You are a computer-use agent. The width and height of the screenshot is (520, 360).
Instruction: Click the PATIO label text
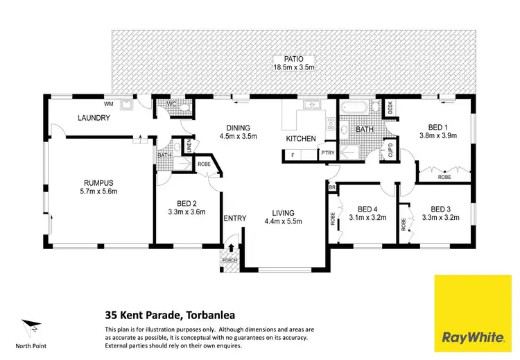point(295,58)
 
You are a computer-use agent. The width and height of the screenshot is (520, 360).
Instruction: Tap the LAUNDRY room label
point(95,118)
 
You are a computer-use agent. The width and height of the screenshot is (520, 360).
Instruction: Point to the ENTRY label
point(235,218)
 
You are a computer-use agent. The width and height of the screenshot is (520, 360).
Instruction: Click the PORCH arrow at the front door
point(230,248)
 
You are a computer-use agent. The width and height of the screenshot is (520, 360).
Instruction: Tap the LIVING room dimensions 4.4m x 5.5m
point(283,222)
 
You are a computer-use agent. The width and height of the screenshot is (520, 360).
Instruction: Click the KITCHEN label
point(302,139)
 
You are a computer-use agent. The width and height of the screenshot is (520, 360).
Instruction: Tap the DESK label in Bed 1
point(390,107)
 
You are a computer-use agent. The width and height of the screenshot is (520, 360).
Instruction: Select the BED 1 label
point(436,126)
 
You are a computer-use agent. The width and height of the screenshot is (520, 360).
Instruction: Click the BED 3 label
point(441,208)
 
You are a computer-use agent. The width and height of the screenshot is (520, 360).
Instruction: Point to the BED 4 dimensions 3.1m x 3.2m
point(367,217)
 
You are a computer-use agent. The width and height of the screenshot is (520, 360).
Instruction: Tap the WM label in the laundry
point(109,103)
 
